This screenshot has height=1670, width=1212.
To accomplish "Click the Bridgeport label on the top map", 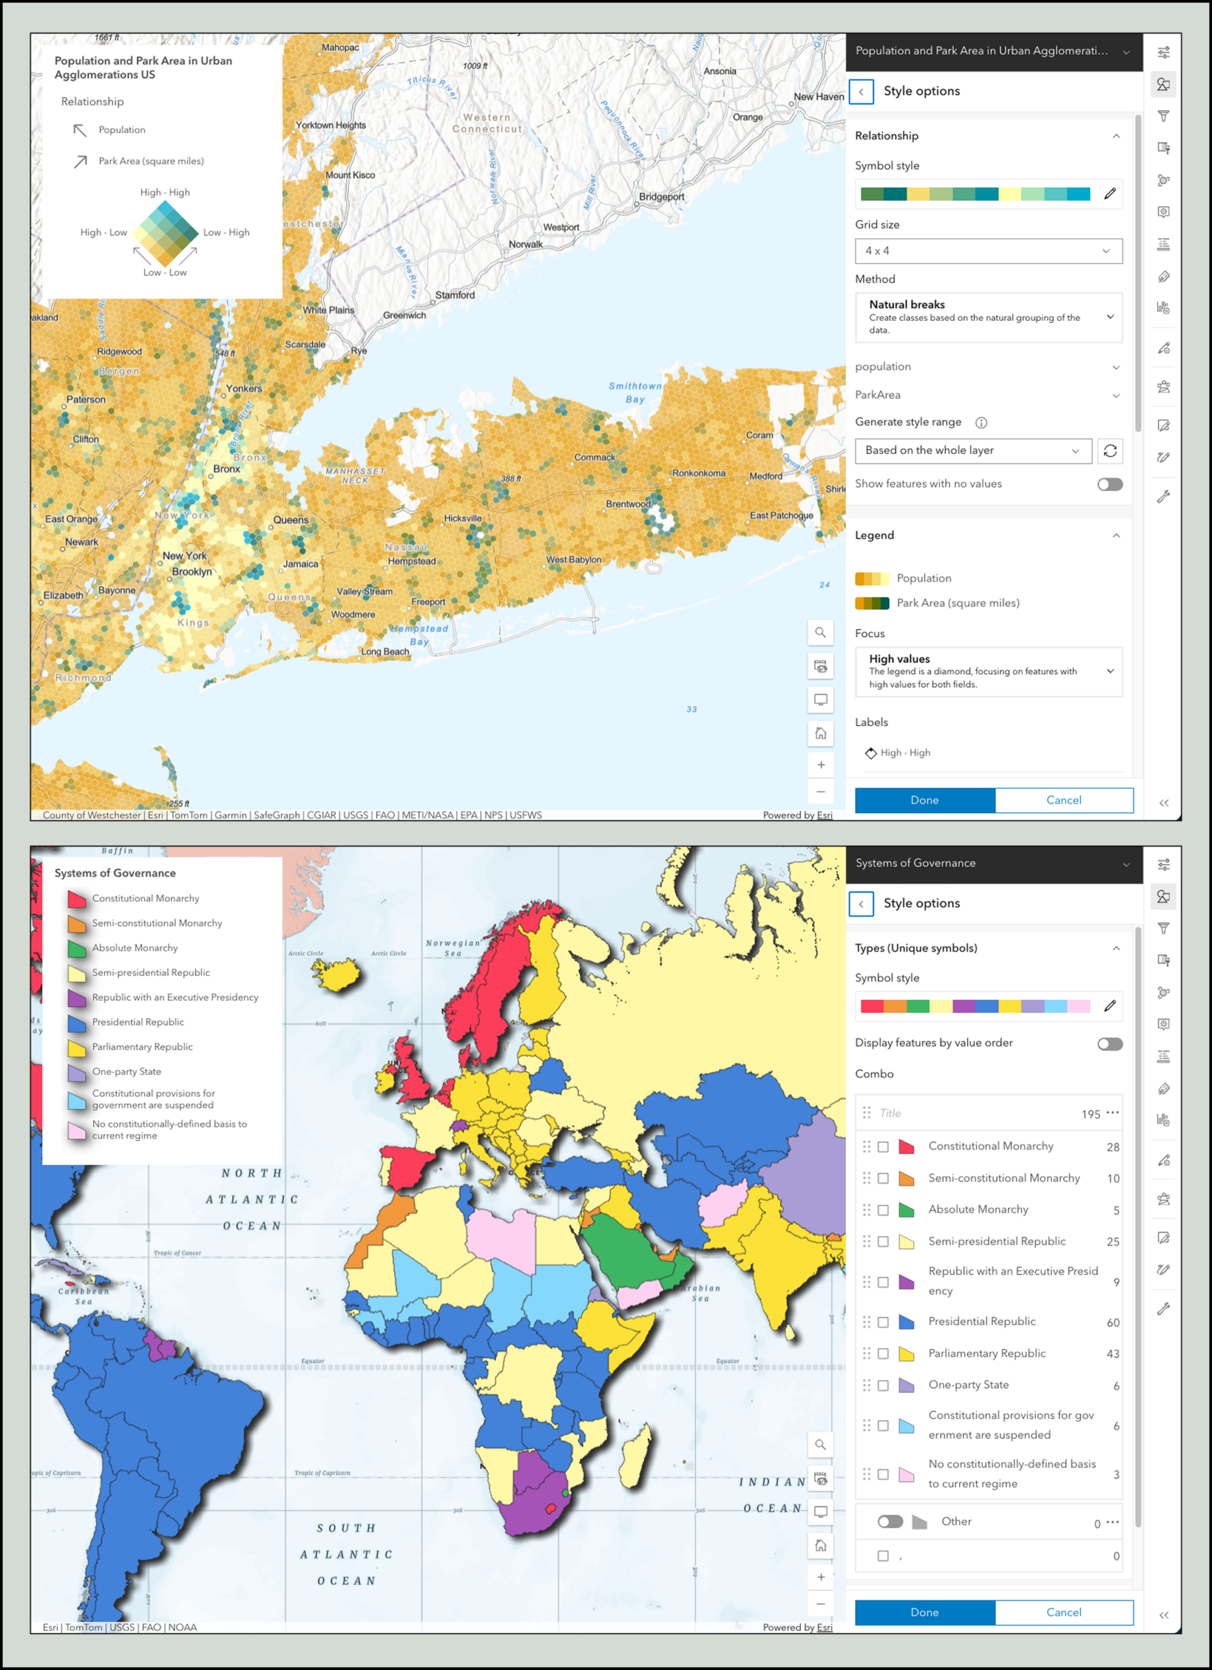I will click(x=661, y=196).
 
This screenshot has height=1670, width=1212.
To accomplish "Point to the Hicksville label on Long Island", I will click(x=462, y=519).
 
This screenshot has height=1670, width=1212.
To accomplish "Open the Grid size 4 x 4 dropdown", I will click(x=988, y=251).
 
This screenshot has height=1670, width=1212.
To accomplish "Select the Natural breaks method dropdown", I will click(x=988, y=317).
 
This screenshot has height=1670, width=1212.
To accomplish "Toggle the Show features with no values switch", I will click(x=1109, y=485).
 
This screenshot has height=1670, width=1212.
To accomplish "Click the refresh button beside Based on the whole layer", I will click(x=1110, y=451).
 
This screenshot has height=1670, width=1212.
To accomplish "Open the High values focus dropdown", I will click(x=988, y=671).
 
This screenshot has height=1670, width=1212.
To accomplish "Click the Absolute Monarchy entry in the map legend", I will click(x=135, y=948).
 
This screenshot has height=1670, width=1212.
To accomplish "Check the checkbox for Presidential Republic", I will click(x=883, y=1322).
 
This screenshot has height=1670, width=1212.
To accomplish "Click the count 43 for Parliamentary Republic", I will click(x=1113, y=1354).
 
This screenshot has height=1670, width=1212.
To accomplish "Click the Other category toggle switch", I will click(x=890, y=1522).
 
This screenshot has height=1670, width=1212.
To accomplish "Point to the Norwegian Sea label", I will click(x=452, y=948).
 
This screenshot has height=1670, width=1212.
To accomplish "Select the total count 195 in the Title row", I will click(x=1091, y=1114).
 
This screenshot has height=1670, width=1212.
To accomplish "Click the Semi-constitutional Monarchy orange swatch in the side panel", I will click(x=907, y=1179).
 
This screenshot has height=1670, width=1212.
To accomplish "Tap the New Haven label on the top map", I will click(x=819, y=97).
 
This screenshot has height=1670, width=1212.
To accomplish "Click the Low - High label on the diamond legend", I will click(x=226, y=233).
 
